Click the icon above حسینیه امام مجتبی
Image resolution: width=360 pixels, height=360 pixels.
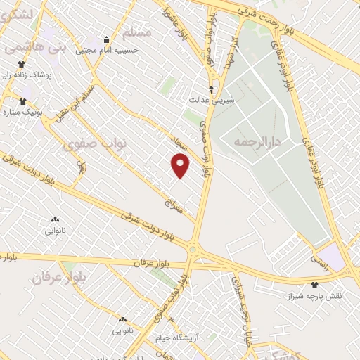106,39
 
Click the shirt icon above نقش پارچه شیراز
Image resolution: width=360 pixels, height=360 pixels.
314,285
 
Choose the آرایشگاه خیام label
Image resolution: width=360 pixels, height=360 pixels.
193,317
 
